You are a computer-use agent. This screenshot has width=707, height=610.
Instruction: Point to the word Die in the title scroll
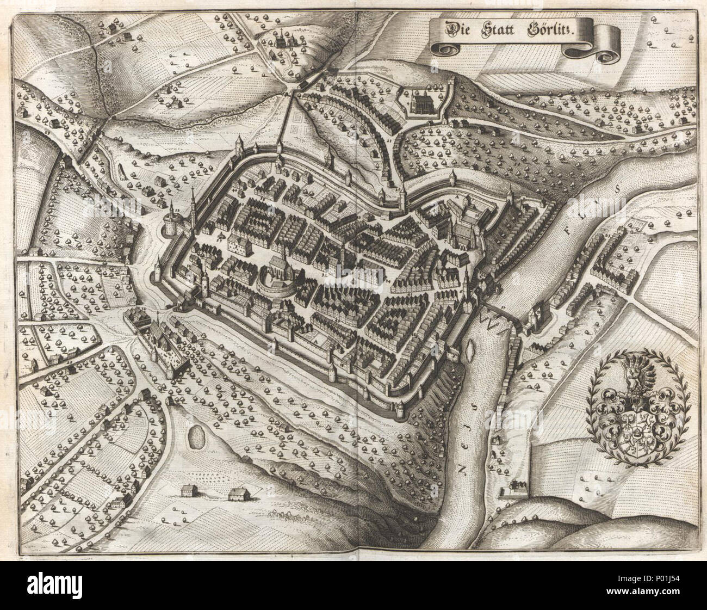[x=455, y=28]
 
